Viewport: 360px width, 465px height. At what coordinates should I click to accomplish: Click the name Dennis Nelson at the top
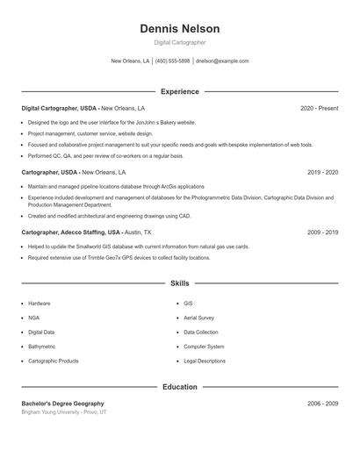click(x=179, y=29)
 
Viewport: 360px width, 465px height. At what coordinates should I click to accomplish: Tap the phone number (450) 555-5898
click(x=173, y=61)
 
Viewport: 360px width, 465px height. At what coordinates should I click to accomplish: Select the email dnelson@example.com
click(x=222, y=61)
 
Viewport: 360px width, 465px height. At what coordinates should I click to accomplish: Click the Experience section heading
click(x=179, y=91)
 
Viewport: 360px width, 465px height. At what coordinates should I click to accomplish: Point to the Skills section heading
click(x=179, y=283)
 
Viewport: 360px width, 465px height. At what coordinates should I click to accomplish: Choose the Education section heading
click(x=179, y=387)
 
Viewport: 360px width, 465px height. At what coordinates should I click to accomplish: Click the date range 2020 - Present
click(x=319, y=108)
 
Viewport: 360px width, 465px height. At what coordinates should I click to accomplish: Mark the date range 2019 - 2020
click(x=322, y=173)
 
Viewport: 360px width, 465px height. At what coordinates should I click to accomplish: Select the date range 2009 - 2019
click(x=322, y=232)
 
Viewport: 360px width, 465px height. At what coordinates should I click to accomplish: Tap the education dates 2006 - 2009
click(x=322, y=403)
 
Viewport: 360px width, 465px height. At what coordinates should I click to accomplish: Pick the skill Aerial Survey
click(x=199, y=318)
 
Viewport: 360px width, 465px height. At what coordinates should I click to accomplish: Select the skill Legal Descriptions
click(x=205, y=361)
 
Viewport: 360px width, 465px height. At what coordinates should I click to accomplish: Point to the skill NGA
click(x=33, y=318)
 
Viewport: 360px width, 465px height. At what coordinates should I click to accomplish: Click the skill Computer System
click(x=204, y=347)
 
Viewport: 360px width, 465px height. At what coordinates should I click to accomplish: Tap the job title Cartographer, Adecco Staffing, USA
click(x=71, y=232)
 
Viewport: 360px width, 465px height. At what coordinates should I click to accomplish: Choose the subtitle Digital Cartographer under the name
click(x=179, y=42)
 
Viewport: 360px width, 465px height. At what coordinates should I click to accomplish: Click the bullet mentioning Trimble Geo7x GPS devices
click(x=119, y=258)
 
